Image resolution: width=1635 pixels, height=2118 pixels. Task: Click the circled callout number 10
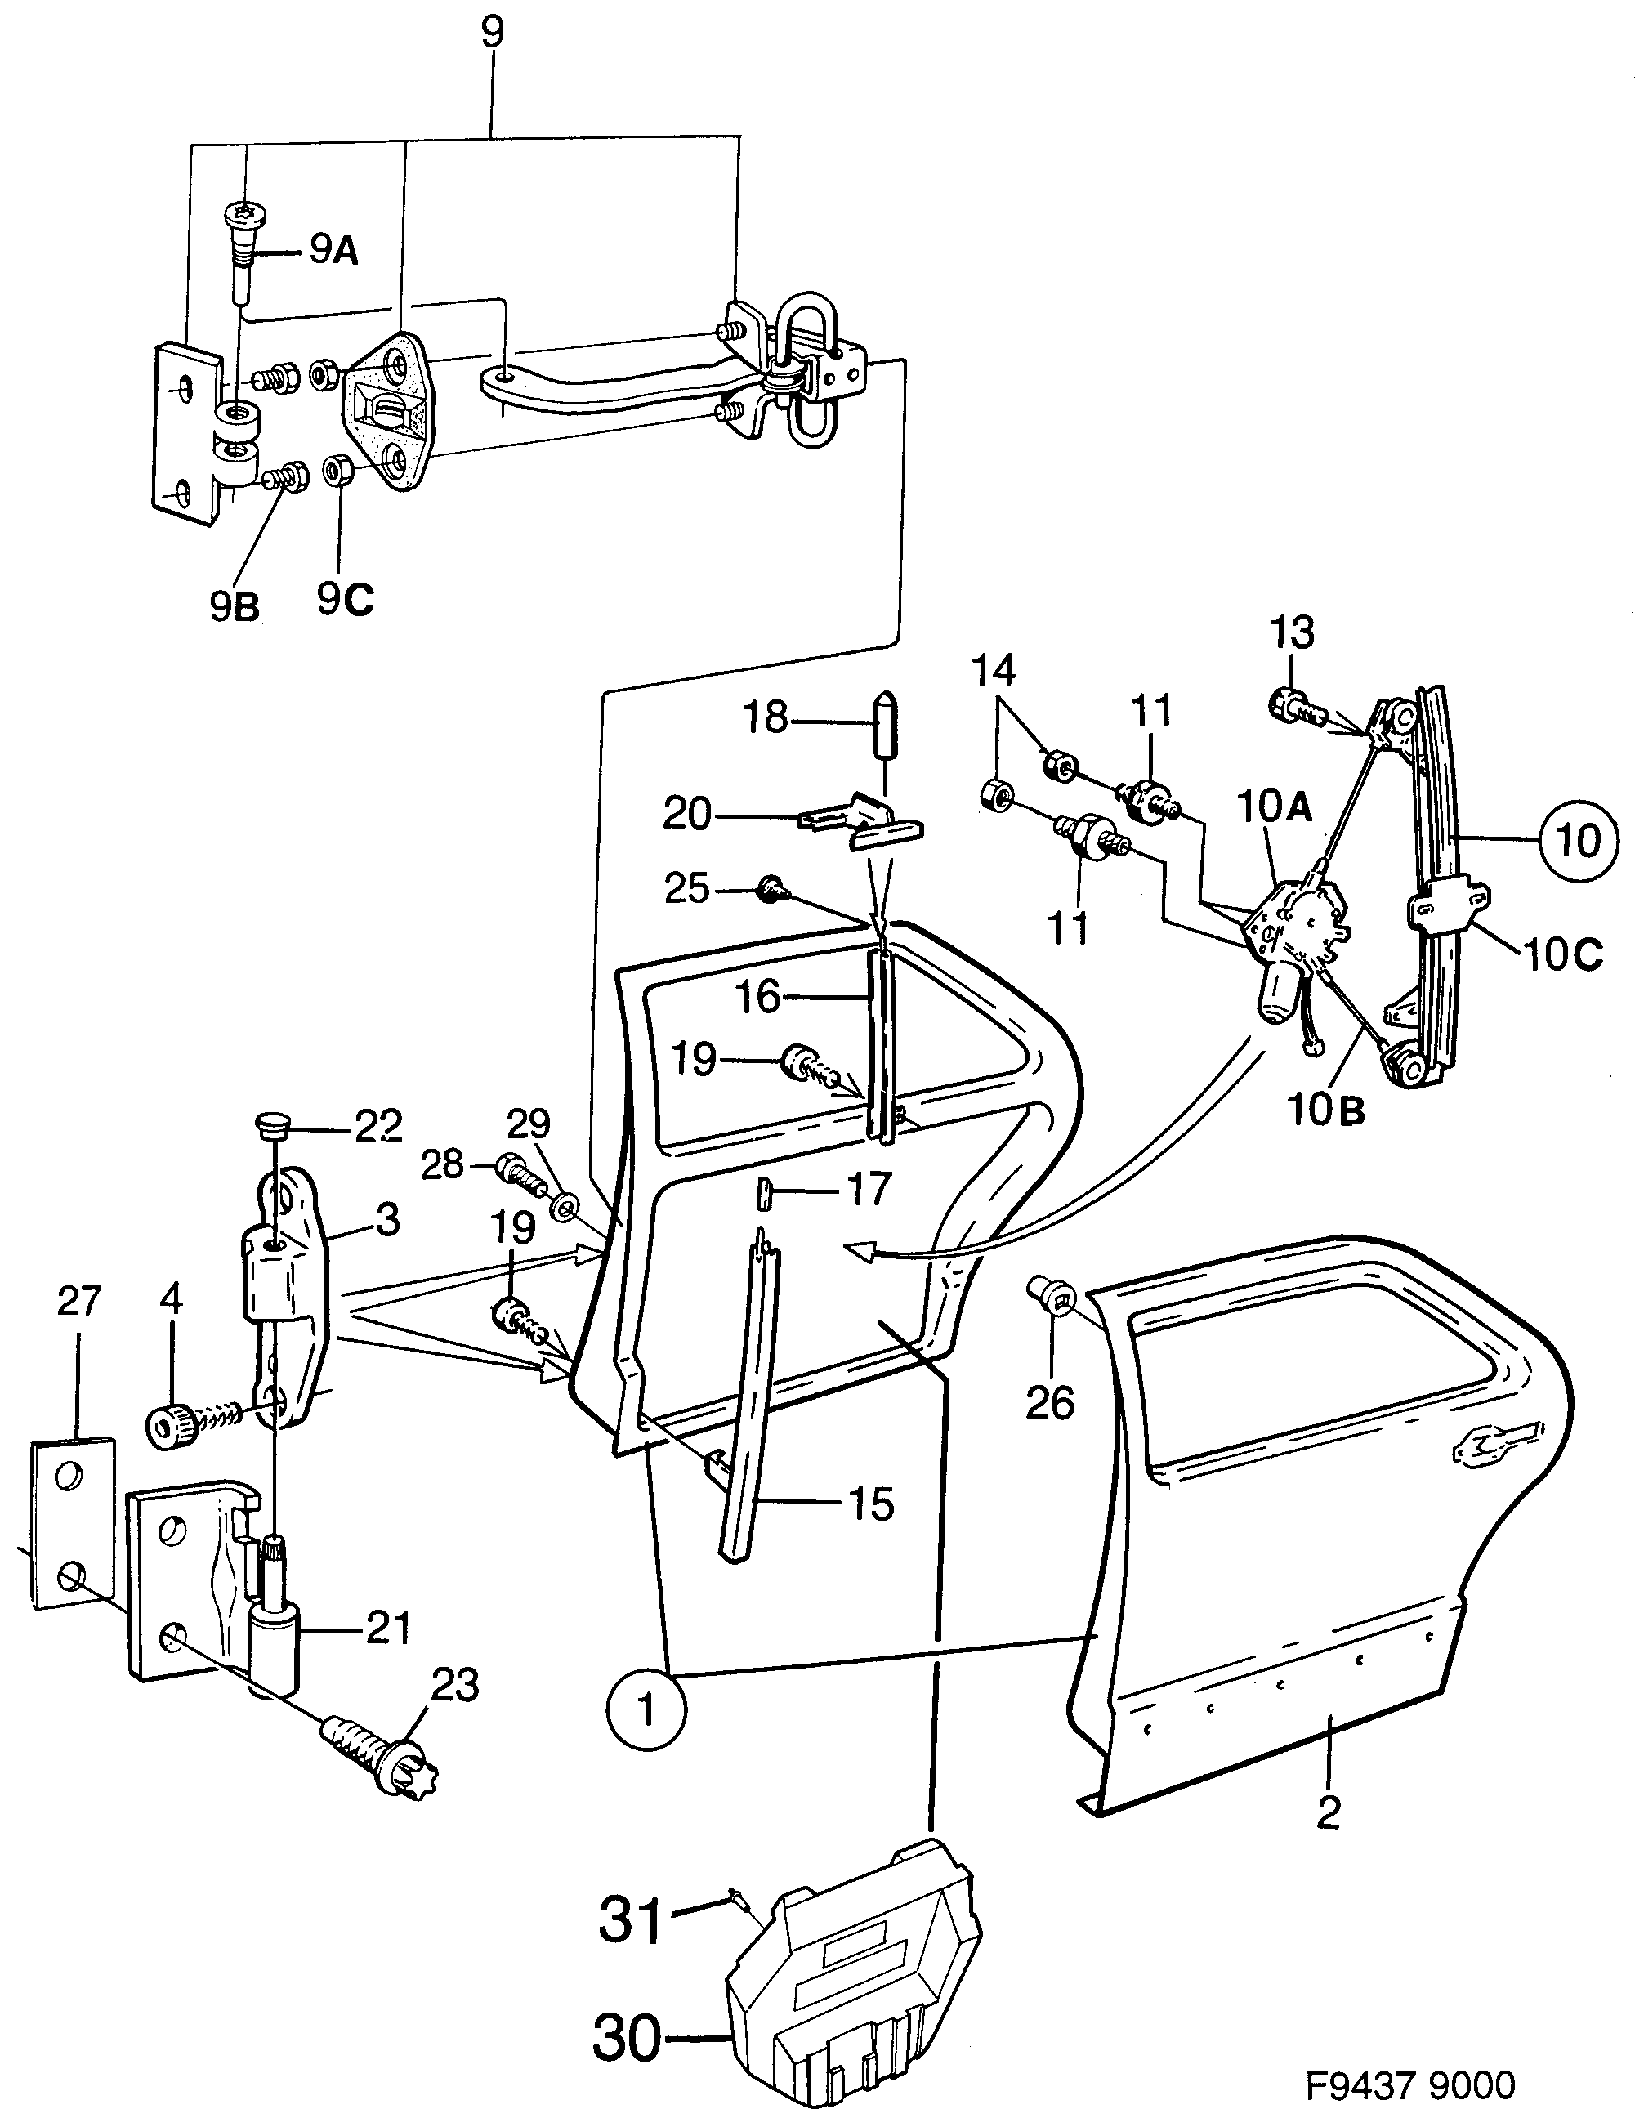coord(1577,841)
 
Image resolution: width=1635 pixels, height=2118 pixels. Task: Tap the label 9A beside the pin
coord(333,253)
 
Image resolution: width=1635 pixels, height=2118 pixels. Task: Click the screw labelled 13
coord(1292,706)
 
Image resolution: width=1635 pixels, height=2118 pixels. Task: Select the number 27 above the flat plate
coord(78,1301)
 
